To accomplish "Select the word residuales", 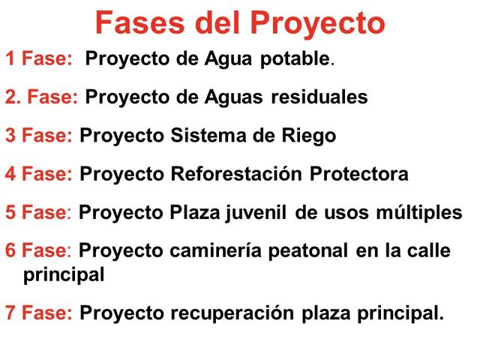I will tap(319, 97).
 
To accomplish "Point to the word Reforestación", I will tap(238, 175).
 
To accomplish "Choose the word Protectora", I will tap(359, 175).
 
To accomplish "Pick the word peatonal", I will tap(306, 251).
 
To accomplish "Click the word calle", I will tap(430, 250).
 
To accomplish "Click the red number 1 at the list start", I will tap(10, 59).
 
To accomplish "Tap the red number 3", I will tap(10, 136).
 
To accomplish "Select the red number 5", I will tap(10, 213).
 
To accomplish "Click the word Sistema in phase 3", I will tap(207, 136).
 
